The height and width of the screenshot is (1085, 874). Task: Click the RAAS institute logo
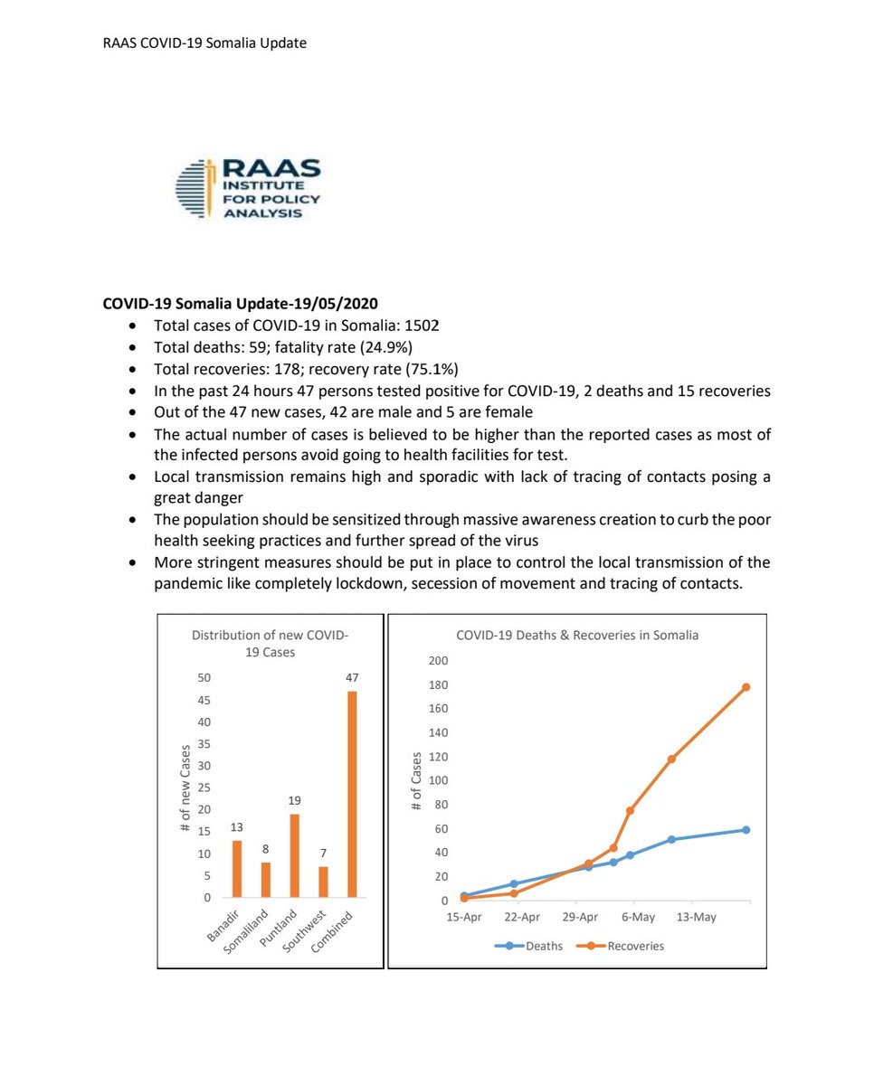click(246, 189)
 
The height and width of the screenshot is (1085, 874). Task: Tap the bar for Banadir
click(237, 869)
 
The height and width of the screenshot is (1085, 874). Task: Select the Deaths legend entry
click(528, 946)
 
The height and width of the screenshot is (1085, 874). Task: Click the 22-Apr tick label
click(522, 917)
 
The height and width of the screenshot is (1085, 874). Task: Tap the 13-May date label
click(696, 917)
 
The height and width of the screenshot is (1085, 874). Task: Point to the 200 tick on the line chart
click(439, 661)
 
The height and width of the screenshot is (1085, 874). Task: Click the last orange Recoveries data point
click(746, 687)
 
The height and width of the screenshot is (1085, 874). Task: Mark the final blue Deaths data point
click(746, 830)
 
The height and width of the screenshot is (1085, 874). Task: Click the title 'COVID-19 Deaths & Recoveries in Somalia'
click(577, 636)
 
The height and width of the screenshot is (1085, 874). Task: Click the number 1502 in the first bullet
click(423, 325)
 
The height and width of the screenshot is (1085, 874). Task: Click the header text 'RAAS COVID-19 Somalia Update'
click(204, 42)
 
